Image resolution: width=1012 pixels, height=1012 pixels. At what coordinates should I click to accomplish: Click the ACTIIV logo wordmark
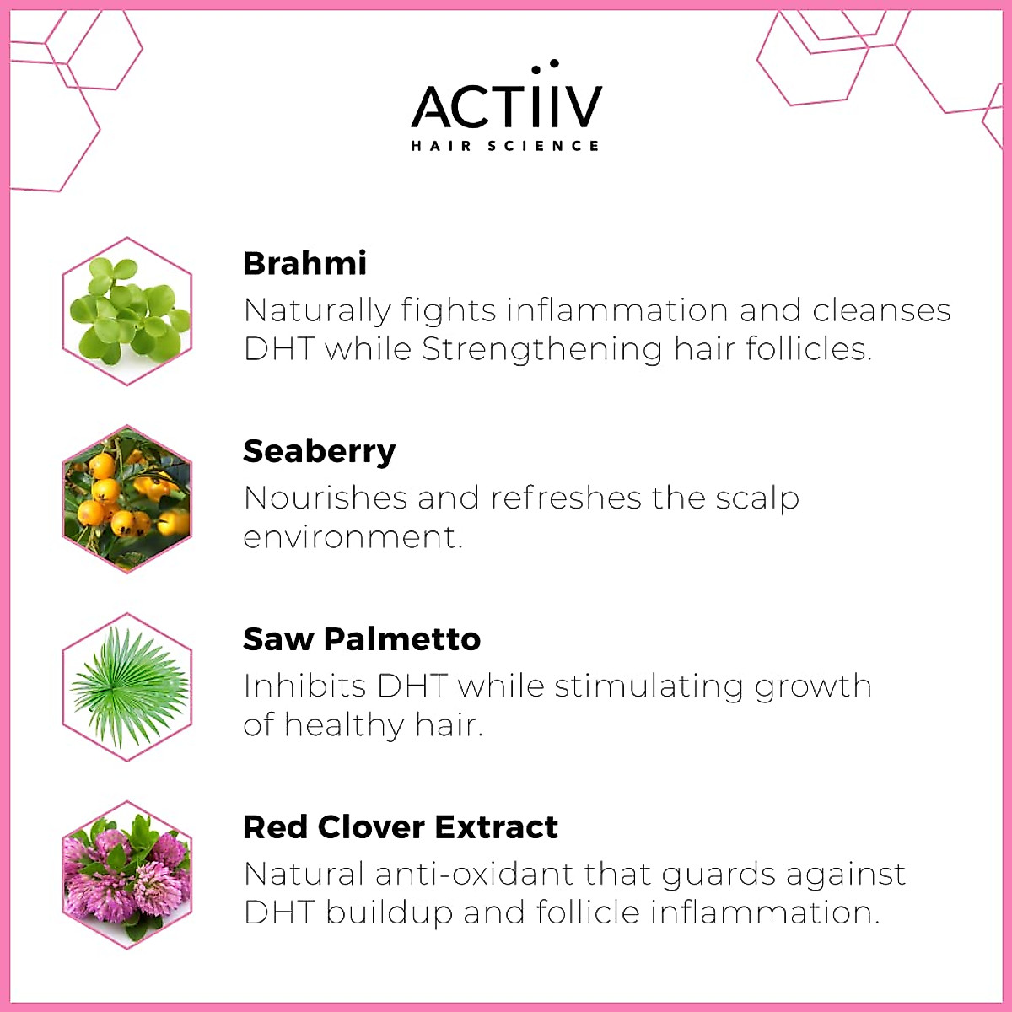(506, 105)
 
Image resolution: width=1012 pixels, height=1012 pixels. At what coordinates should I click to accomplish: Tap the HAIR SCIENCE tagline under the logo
(506, 146)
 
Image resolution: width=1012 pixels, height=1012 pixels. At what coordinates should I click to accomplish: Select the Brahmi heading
(304, 263)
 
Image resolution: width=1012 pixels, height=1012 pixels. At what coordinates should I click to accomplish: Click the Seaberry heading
(319, 451)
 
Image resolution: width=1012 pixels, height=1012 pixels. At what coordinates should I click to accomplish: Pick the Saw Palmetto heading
(361, 639)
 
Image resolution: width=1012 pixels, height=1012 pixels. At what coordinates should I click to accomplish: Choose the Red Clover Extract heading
(400, 827)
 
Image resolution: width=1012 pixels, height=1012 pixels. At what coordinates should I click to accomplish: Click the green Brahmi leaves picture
(127, 311)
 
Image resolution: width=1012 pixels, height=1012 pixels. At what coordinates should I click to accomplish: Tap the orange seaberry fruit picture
(127, 499)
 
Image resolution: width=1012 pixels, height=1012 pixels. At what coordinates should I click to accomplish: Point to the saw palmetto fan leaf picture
(127, 687)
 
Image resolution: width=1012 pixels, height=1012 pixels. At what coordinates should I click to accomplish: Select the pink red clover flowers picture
(127, 875)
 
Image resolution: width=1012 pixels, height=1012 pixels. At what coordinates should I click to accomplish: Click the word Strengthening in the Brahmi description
(541, 349)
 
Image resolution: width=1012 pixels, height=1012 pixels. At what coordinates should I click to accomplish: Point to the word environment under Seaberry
(352, 537)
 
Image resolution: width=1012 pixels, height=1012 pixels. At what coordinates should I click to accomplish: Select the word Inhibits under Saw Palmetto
(304, 686)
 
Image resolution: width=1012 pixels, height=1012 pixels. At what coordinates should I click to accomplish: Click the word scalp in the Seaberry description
(756, 498)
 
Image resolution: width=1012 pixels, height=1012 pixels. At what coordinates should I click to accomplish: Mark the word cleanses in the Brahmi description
(881, 310)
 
